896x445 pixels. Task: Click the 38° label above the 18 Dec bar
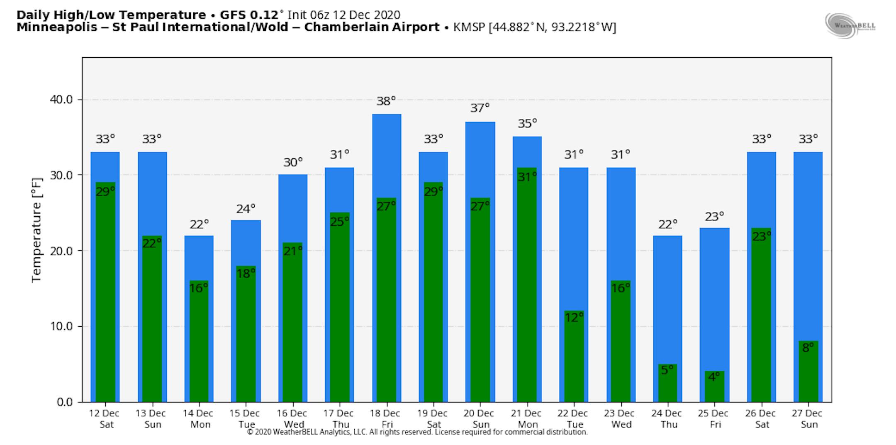(386, 101)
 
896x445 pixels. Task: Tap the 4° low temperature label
(714, 377)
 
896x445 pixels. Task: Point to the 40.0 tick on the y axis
(61, 100)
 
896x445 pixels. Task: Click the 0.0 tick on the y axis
(64, 402)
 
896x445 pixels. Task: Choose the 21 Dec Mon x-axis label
(527, 418)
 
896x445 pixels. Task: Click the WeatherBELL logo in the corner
(850, 26)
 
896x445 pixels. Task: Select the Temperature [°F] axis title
(37, 230)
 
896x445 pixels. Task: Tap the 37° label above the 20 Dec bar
(480, 108)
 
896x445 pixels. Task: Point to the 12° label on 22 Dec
(574, 318)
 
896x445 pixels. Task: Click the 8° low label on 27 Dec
(808, 348)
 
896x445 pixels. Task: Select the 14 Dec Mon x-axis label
(198, 418)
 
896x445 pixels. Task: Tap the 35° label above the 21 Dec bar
(527, 124)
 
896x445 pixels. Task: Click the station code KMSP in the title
(470, 27)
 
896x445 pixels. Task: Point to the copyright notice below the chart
(417, 432)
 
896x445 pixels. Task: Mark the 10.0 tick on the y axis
(61, 326)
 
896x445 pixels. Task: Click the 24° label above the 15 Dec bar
(246, 209)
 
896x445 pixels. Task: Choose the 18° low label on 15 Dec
(246, 273)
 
